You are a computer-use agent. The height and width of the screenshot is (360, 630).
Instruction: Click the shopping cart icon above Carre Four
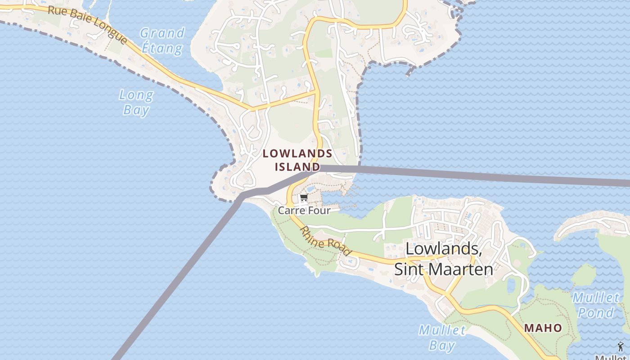point(304,198)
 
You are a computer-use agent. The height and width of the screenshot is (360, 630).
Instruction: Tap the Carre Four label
point(304,210)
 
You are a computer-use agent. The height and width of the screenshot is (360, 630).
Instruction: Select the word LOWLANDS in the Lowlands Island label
point(297,153)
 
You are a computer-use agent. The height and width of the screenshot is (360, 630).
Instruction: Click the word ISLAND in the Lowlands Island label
point(297,167)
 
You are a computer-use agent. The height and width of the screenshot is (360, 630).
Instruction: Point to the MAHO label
point(543,328)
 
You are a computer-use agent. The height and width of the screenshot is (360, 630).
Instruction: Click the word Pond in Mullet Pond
point(596,312)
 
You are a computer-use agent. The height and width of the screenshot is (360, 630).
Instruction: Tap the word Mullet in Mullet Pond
point(596,297)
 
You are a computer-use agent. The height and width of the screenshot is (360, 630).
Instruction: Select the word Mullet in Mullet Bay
point(442,330)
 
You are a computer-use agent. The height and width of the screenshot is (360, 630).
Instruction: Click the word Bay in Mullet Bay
point(442,345)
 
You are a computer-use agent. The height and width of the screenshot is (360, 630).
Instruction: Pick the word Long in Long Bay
point(136,95)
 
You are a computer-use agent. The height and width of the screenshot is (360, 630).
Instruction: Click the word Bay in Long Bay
point(136,110)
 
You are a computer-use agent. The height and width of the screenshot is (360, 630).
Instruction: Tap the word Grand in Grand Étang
point(162,33)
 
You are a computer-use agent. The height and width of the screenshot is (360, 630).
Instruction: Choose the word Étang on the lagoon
point(162,48)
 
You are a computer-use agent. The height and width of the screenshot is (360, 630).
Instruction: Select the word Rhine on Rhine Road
point(311,236)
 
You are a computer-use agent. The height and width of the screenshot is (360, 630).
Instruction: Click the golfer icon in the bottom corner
point(621,346)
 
